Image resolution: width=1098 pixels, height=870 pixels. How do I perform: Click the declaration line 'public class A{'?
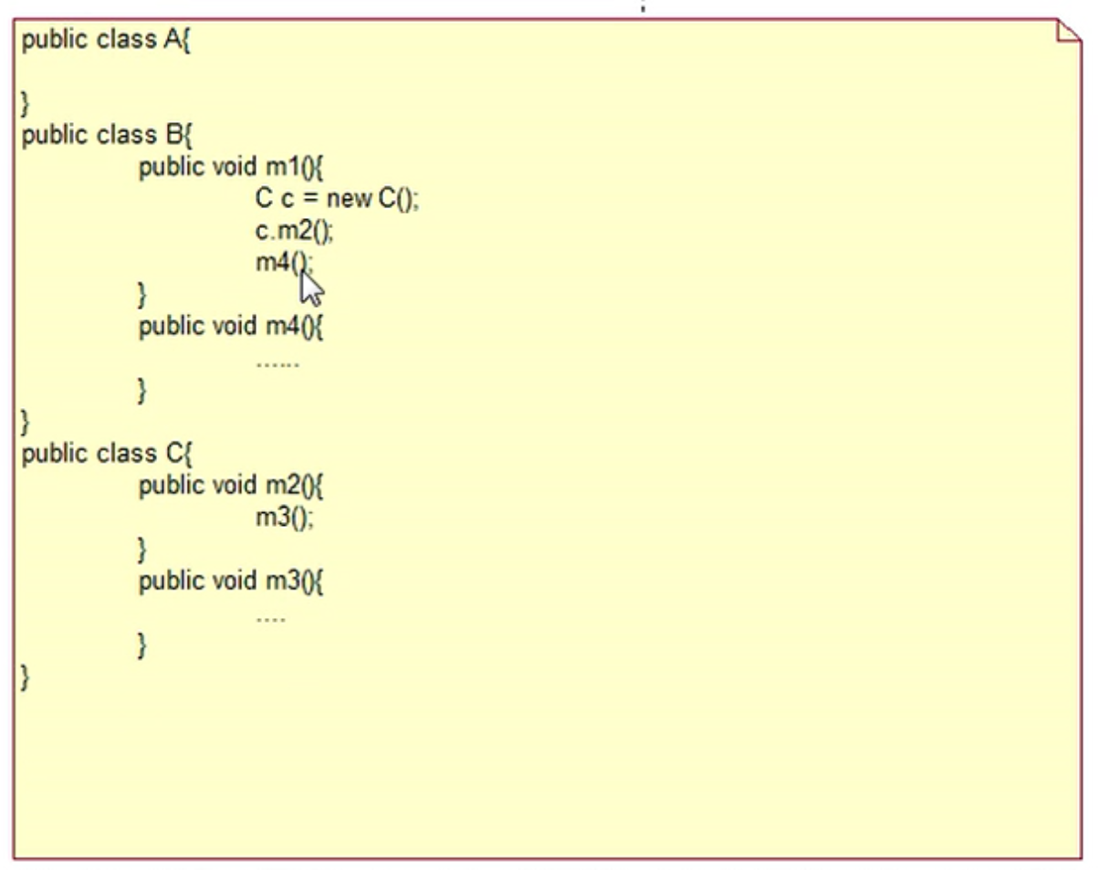106,42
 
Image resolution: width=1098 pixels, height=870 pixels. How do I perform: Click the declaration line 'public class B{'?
106,136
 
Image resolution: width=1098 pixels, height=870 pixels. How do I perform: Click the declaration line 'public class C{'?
106,454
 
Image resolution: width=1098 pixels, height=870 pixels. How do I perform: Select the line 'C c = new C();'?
337,199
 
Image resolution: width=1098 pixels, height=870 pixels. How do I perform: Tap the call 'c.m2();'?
294,231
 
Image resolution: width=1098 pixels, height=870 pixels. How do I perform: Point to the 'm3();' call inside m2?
284,518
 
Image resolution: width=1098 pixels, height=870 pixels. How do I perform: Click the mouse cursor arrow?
311,288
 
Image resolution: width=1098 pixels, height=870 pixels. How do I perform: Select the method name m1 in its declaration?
279,168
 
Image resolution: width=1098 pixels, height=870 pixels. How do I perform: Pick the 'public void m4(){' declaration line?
231,327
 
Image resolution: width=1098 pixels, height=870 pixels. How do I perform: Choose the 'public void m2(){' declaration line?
231,486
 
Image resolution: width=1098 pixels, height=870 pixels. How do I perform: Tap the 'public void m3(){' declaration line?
231,581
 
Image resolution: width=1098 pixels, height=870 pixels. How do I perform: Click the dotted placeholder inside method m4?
277,364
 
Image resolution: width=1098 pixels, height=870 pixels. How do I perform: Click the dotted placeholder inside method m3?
270,620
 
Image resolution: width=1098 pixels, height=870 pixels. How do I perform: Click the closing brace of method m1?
142,294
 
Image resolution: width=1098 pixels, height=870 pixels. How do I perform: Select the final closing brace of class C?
26,677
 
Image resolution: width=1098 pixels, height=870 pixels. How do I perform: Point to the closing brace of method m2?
142,549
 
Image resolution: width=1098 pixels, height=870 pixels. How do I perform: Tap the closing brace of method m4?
142,391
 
